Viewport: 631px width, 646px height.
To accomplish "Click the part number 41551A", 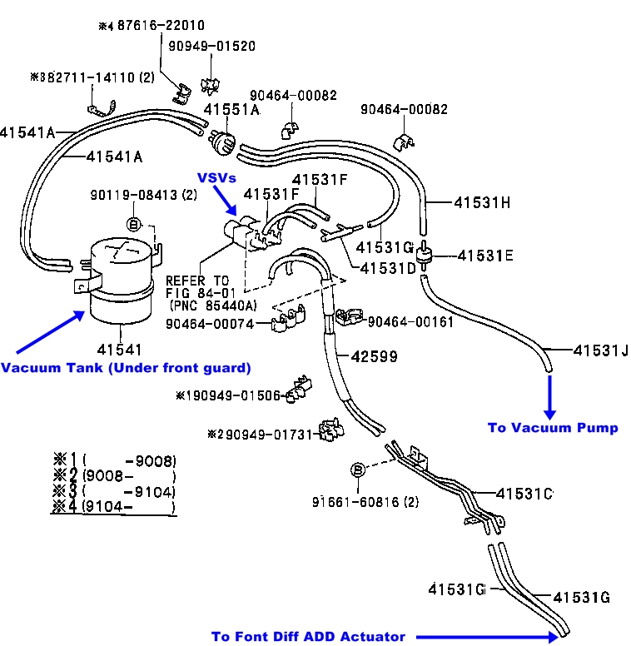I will tap(232, 108).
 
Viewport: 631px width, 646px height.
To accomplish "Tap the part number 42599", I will tap(372, 356).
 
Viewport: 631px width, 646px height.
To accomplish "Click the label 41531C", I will tap(524, 494).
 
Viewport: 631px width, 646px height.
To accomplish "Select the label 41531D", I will tap(388, 269).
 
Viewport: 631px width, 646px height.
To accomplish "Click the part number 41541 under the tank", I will tap(122, 350).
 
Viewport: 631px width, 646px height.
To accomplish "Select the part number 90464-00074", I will tap(209, 324).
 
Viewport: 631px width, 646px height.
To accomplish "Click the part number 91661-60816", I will tap(365, 502).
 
